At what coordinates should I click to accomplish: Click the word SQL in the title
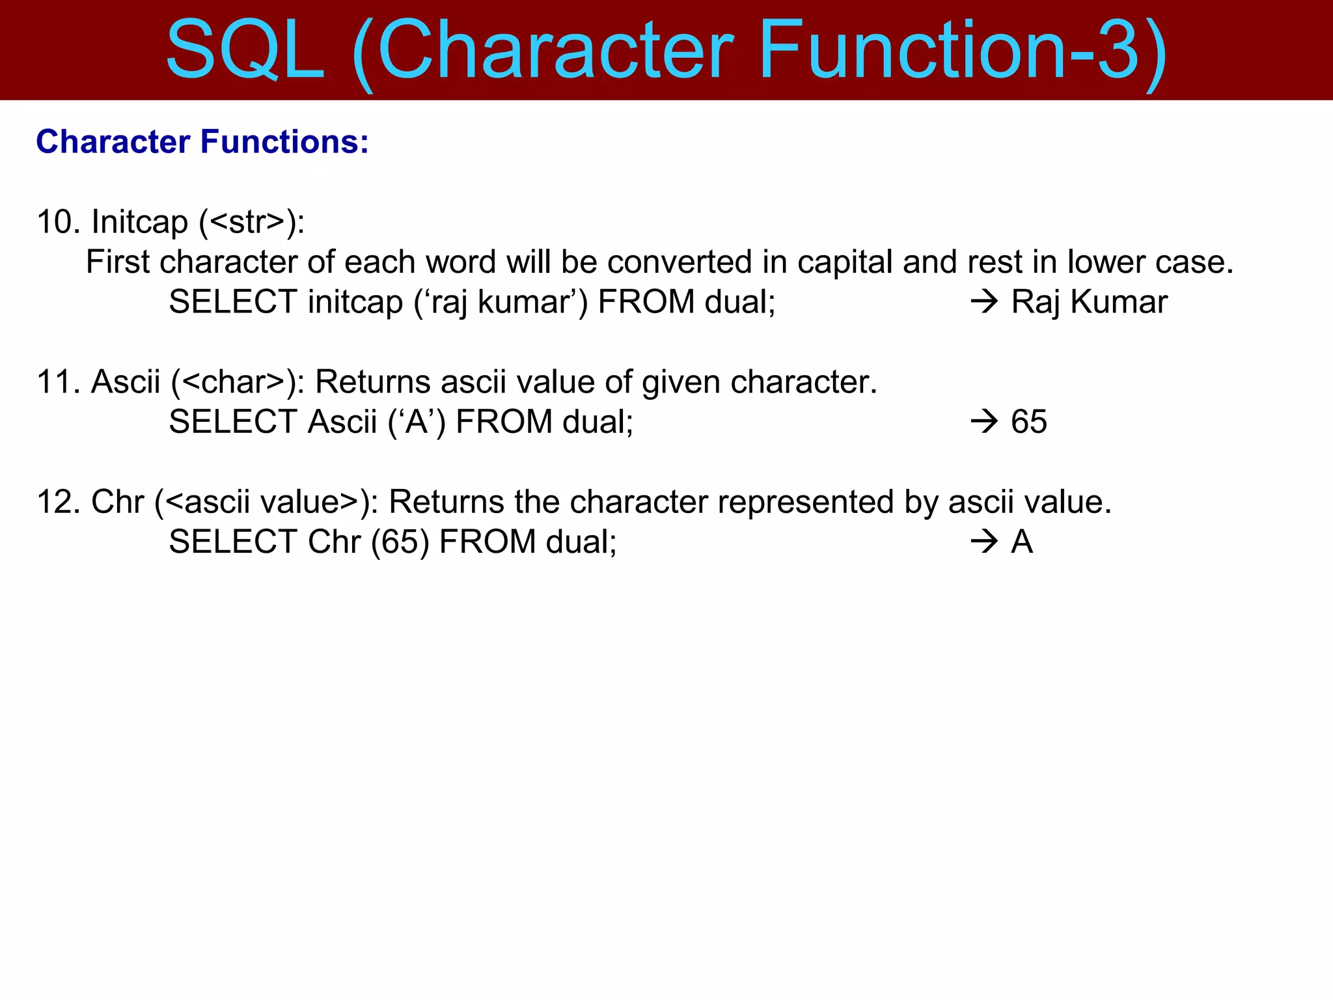tap(245, 51)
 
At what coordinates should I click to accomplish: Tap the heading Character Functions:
tap(202, 142)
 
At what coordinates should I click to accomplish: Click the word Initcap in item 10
tap(139, 222)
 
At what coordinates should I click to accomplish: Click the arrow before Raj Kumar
tap(984, 302)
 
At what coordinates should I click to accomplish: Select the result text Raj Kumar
tap(1089, 302)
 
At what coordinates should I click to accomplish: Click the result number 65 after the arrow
tap(1028, 422)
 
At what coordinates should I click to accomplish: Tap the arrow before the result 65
tap(984, 422)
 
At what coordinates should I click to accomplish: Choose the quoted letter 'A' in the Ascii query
tap(417, 422)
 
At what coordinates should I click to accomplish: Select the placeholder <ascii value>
tap(262, 502)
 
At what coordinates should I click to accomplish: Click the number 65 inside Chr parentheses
tap(400, 542)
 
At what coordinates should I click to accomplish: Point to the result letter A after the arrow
tap(1022, 542)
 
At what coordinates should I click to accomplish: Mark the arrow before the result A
tap(984, 542)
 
